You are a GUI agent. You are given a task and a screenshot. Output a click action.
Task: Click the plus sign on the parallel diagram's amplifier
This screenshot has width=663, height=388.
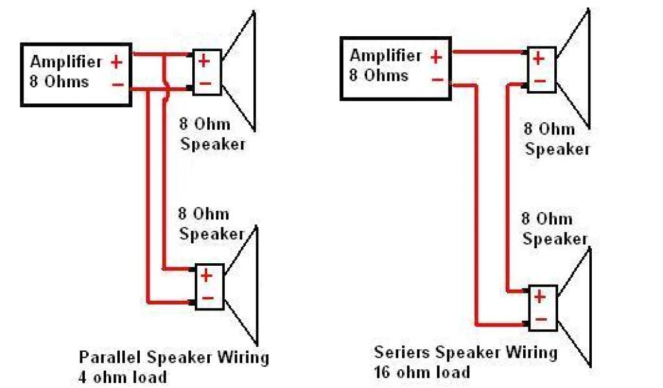tap(117, 62)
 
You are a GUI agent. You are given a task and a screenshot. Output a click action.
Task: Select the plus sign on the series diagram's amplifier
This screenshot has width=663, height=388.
tap(436, 57)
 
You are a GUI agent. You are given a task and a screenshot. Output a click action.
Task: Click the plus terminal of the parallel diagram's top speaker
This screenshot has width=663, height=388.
tap(204, 61)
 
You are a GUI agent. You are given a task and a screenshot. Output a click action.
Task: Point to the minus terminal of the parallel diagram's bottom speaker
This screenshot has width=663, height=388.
tap(207, 298)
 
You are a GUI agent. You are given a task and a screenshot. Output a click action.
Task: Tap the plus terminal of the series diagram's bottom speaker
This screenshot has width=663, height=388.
tap(540, 297)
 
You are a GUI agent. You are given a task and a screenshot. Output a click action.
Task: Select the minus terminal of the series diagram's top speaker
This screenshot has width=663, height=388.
tap(540, 82)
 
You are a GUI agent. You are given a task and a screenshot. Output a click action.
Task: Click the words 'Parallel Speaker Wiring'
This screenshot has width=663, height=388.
tap(174, 357)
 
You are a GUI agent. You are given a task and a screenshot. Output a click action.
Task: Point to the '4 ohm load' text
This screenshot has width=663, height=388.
tap(122, 376)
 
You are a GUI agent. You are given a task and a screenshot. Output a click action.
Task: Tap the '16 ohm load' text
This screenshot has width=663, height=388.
tap(421, 372)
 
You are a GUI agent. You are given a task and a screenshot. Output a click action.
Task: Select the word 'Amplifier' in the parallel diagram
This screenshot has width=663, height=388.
tap(66, 62)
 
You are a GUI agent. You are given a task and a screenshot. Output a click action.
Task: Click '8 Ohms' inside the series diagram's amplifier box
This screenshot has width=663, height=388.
tap(379, 76)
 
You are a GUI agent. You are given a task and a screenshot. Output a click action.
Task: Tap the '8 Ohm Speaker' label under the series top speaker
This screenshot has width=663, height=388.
tap(557, 138)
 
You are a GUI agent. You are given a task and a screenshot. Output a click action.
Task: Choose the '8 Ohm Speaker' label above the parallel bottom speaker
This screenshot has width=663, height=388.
tap(212, 224)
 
